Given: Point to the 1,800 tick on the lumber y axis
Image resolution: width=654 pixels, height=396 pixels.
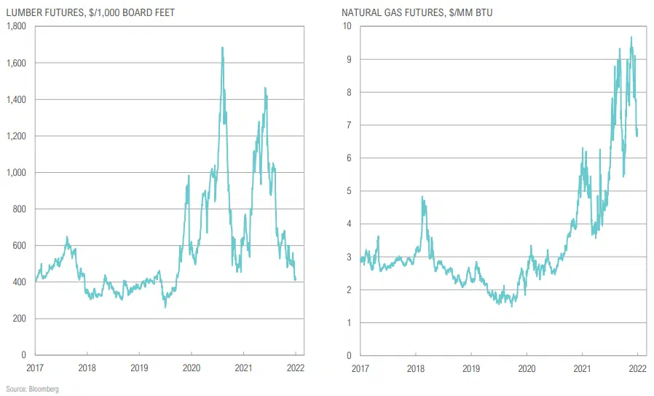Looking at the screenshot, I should (x=16, y=26).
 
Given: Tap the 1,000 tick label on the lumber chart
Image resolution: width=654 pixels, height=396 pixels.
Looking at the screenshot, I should (x=16, y=173).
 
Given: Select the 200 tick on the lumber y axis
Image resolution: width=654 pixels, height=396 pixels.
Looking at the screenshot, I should (x=20, y=319).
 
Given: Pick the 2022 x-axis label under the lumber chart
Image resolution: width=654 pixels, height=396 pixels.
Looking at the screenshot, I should (x=295, y=368).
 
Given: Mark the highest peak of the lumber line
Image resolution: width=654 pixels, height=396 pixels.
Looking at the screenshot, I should (x=222, y=48).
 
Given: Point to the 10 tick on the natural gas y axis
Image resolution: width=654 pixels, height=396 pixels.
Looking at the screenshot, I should (x=347, y=26).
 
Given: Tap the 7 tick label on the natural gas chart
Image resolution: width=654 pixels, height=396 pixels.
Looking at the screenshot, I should (x=350, y=125).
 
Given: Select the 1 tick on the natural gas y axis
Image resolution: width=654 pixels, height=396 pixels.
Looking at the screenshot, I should (x=350, y=322).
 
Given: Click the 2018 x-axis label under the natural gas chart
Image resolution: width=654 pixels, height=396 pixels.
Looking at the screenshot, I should (x=415, y=368).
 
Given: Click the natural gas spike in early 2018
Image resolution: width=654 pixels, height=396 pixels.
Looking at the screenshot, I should (x=423, y=197).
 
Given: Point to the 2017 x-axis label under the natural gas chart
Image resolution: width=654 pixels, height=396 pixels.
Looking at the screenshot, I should (x=360, y=368).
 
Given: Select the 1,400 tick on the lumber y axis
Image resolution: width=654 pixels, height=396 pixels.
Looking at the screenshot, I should (x=16, y=100).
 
